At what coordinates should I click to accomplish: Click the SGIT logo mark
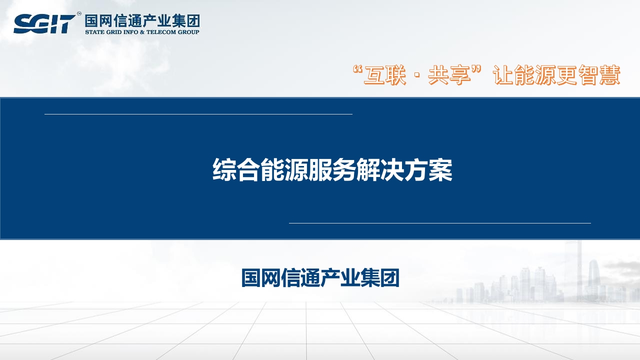(x=44, y=24)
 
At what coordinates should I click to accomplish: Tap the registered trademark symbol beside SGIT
(x=79, y=13)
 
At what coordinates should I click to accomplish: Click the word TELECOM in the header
(x=161, y=32)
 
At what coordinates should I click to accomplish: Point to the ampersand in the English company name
(x=142, y=32)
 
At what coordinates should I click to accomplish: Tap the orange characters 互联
(x=384, y=75)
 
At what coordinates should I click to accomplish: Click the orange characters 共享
(x=449, y=75)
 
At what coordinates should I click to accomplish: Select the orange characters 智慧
(x=599, y=75)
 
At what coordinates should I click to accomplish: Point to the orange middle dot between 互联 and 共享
(x=417, y=75)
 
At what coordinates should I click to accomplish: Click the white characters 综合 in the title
(x=236, y=169)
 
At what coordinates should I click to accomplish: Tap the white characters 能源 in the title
(x=284, y=169)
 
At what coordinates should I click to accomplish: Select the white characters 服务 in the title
(x=332, y=169)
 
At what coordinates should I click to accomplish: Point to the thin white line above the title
(x=198, y=114)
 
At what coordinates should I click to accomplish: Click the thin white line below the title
(x=440, y=223)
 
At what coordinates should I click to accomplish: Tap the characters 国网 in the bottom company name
(x=261, y=277)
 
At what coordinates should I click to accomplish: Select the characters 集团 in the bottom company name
(x=379, y=277)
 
